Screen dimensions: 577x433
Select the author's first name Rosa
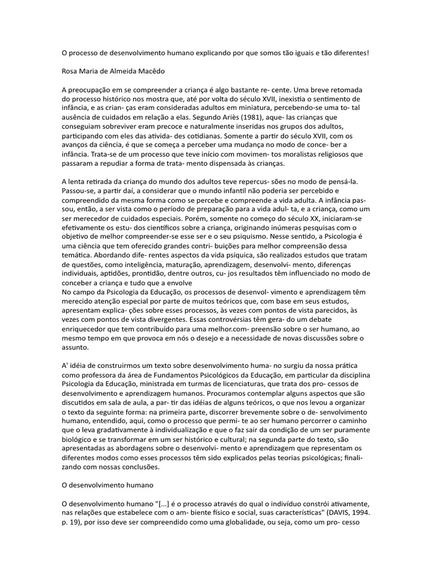(x=70, y=72)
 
